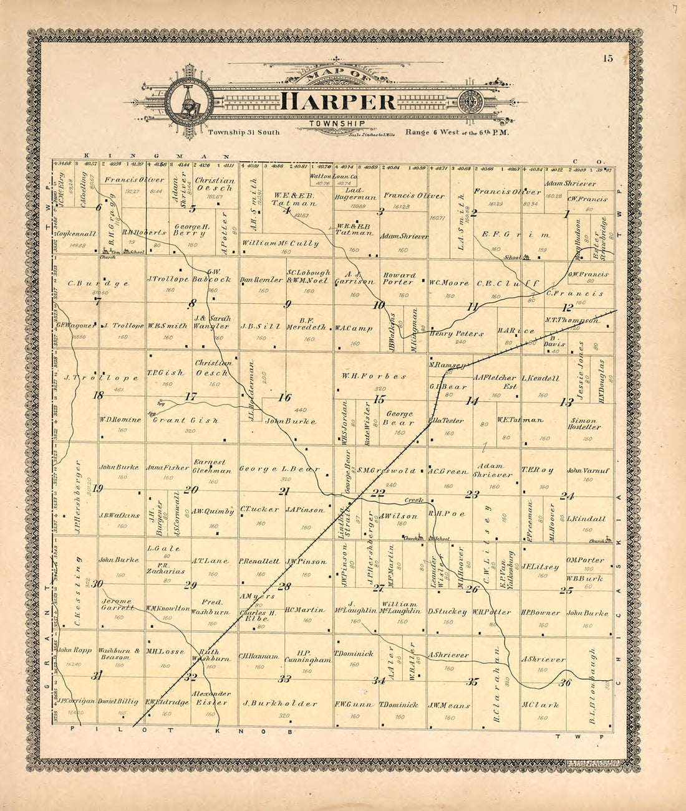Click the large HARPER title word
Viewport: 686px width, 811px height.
[x=337, y=102]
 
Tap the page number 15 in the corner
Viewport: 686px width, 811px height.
[x=608, y=59]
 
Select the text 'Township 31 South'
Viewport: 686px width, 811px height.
[x=244, y=132]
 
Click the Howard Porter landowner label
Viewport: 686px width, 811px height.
[x=399, y=278]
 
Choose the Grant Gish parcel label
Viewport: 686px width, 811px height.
[x=185, y=420]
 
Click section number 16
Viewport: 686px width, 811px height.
[x=284, y=397]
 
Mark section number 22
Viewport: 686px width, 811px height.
[x=378, y=492]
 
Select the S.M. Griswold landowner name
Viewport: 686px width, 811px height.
[x=387, y=471]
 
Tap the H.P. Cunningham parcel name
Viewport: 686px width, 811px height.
[x=307, y=656]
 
